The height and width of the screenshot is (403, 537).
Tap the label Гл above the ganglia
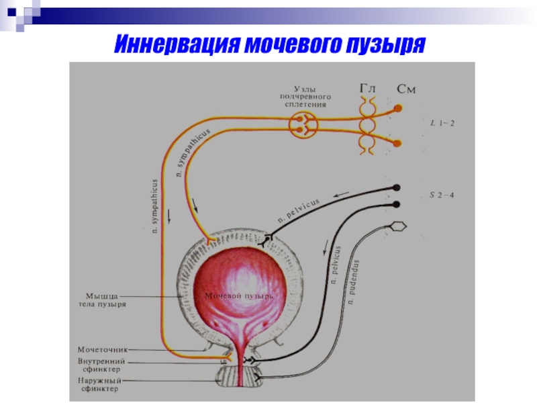coord(367,88)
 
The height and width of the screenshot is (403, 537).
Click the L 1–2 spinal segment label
coord(442,123)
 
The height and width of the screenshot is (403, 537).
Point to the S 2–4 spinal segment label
coord(443,195)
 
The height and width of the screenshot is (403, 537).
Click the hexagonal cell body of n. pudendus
coord(398,226)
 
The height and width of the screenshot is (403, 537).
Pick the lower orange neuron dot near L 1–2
coord(398,143)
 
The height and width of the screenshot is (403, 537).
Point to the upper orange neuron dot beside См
coord(398,108)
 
